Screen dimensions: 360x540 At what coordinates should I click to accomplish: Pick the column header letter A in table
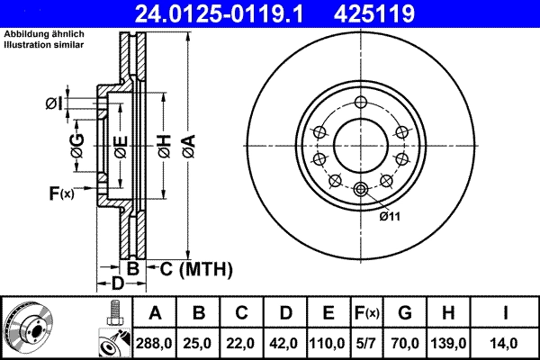155,313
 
